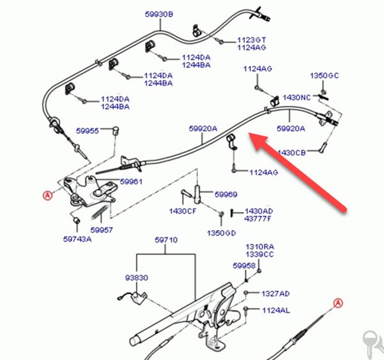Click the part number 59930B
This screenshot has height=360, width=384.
159,14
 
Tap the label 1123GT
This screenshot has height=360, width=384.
252,40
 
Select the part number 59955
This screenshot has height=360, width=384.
88,131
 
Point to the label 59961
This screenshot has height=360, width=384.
131,181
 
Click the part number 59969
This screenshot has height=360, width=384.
226,195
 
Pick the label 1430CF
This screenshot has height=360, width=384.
183,211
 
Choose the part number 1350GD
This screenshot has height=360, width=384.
221,233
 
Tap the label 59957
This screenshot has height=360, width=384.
102,230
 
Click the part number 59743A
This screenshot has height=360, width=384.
77,239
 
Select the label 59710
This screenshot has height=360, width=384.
166,240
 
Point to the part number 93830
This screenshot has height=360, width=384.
137,278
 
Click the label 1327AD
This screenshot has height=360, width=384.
275,294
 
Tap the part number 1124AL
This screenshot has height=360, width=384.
276,311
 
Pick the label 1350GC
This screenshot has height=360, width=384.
325,75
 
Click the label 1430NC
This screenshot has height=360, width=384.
297,98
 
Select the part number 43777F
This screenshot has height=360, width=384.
258,218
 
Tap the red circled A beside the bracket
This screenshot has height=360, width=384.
48,195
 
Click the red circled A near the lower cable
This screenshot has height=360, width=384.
338,303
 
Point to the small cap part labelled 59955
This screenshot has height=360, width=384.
116,130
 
